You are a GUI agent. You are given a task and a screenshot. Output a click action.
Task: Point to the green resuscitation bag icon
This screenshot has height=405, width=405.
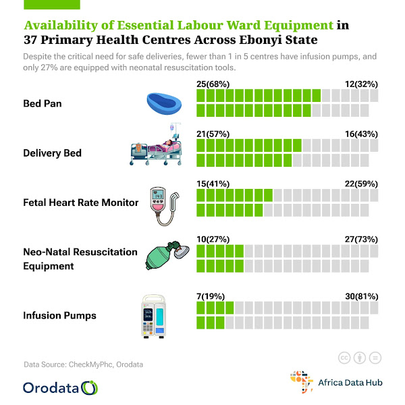[x=166, y=254]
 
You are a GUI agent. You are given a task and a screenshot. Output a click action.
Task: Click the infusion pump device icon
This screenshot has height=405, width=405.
[x=156, y=315]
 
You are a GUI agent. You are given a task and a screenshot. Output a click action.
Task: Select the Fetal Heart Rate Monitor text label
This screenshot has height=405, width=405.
[x=80, y=202]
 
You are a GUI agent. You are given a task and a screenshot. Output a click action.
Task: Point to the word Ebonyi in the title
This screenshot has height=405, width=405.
[x=260, y=40]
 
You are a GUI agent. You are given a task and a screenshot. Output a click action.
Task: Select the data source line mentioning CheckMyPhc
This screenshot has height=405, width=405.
[x=83, y=364]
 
